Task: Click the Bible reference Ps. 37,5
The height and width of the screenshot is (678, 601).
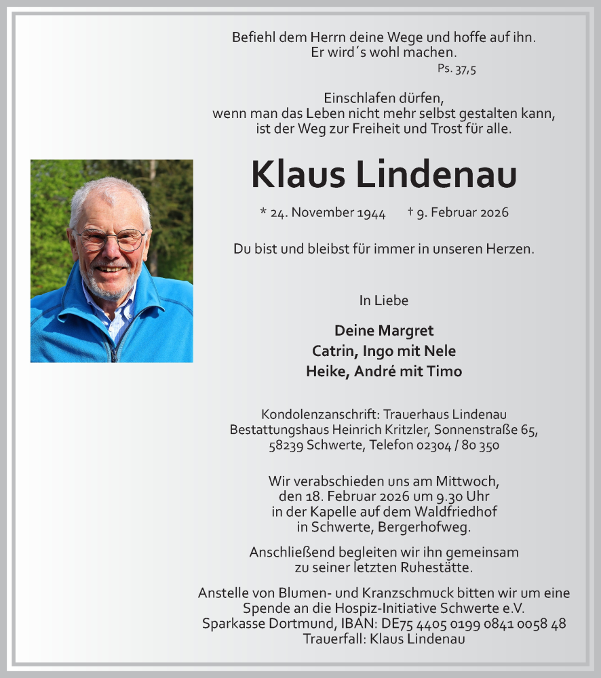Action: [457, 69]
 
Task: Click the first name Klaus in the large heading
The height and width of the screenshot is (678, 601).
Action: [298, 175]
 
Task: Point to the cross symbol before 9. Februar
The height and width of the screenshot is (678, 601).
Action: [411, 212]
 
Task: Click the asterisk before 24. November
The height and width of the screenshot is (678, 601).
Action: [263, 212]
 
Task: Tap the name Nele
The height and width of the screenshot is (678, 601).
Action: [441, 351]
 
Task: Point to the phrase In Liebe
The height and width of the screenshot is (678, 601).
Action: [384, 300]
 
